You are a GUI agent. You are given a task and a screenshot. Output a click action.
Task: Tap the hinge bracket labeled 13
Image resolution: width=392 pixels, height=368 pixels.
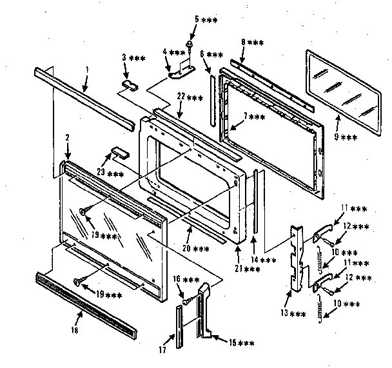pos(297,257)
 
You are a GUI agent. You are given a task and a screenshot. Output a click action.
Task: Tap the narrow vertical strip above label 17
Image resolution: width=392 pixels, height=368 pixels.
pos(178,325)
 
